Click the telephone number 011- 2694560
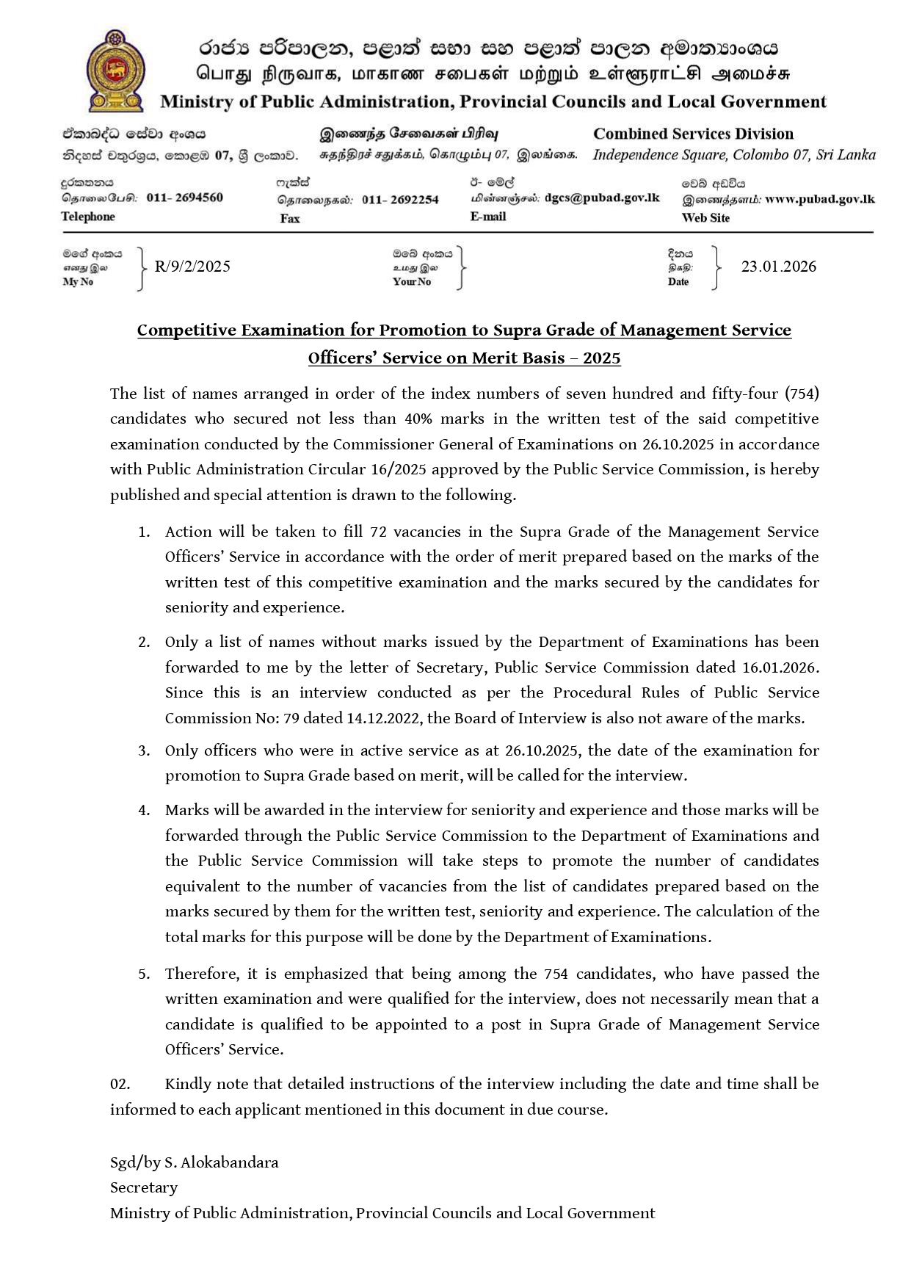[x=184, y=198]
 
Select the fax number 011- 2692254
[x=400, y=200]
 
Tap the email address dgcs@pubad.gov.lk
[x=602, y=198]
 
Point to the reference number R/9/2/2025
[x=192, y=267]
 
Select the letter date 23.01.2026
[x=778, y=267]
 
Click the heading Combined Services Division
[x=693, y=134]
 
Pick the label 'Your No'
[x=412, y=282]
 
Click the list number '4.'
[x=144, y=811]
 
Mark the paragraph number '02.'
[x=120, y=1085]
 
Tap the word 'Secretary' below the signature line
[x=144, y=1188]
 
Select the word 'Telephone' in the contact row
[x=88, y=217]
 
